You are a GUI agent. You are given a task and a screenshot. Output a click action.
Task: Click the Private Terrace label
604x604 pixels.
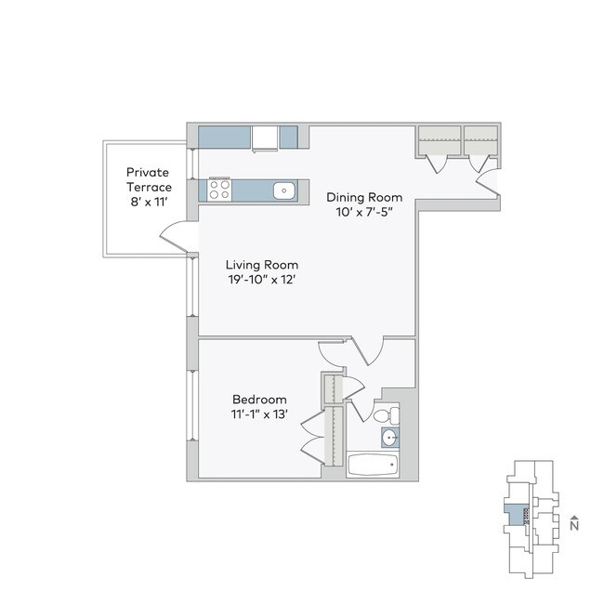click(x=150, y=179)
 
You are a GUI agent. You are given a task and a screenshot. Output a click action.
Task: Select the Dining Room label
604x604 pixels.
click(x=363, y=197)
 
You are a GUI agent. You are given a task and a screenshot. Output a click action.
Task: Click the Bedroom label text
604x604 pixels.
click(x=259, y=400)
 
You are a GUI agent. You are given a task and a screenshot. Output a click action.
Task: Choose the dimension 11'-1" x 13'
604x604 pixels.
click(x=259, y=414)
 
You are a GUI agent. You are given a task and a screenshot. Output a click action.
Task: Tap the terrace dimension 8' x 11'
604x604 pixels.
click(x=150, y=201)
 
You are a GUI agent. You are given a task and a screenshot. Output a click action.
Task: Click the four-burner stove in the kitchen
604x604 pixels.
click(x=220, y=190)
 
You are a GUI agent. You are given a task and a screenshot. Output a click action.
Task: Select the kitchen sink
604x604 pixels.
click(x=284, y=191)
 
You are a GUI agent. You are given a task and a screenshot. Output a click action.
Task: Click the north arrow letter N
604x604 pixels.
click(x=576, y=525)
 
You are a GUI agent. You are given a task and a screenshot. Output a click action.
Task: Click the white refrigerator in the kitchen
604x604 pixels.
click(x=266, y=138)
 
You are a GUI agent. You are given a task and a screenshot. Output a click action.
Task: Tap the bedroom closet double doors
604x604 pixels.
click(x=313, y=432)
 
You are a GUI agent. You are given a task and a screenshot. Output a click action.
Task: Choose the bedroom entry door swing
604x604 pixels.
click(x=332, y=352)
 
